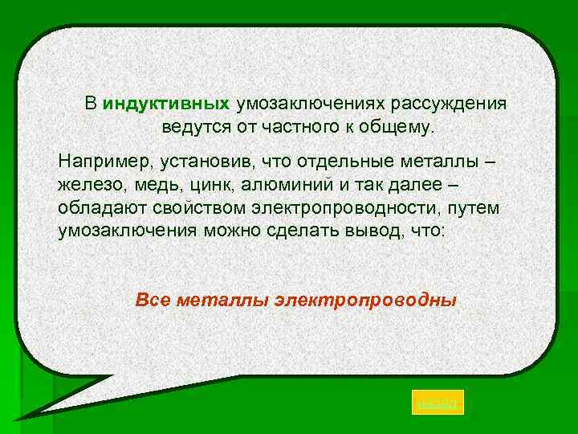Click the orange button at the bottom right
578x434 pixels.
tap(438, 403)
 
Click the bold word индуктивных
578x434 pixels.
tap(167, 104)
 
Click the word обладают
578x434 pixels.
tap(98, 208)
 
